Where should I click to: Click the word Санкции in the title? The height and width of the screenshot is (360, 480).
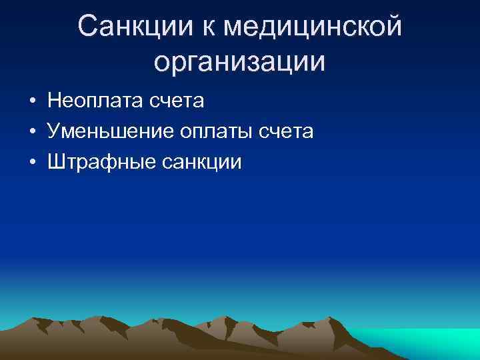pos(133,27)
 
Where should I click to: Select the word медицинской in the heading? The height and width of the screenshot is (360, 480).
pos(313,27)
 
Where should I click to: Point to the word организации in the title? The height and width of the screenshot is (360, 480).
pos(239,61)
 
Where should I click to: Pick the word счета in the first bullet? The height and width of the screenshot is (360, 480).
pos(179,101)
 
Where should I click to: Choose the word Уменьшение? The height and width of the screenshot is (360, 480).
pos(109,131)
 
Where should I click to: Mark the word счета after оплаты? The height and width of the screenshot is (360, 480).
pos(288,131)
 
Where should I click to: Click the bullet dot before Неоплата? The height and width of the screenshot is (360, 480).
pos(32,102)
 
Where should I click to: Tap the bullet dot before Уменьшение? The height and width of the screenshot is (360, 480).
pos(32,132)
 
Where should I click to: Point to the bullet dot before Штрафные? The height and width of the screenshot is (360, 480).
pos(32,163)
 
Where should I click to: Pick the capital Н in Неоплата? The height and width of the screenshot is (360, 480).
pos(54,101)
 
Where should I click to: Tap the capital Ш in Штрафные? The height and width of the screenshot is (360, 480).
pos(56,162)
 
